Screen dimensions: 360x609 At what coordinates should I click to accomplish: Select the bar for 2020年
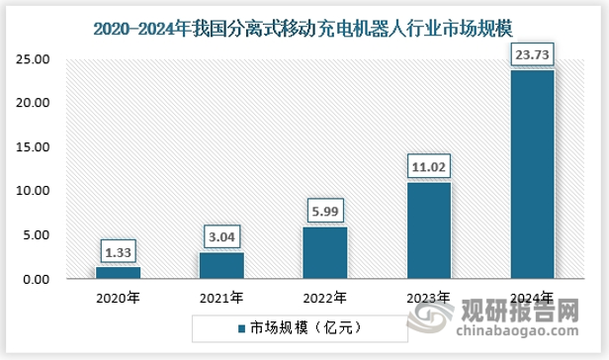pos(118,272)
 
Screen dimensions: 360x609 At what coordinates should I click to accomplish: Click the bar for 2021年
pos(221,265)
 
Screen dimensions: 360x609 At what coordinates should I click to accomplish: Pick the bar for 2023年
pos(429,230)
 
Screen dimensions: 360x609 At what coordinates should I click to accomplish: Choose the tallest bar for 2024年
pos(533,174)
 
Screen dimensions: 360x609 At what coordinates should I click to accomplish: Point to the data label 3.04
pos(221,235)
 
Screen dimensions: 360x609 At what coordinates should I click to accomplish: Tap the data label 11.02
pos(429,165)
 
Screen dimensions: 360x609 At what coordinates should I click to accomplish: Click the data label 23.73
pos(533,53)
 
